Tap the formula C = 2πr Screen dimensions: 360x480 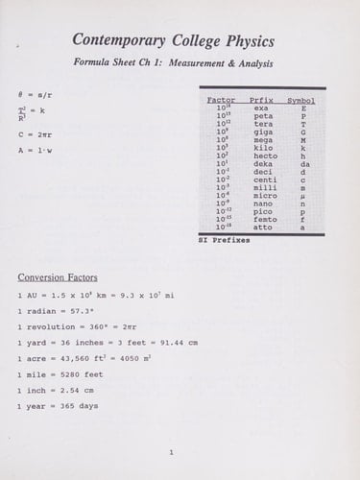[36, 134]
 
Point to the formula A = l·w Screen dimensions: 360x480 [36, 150]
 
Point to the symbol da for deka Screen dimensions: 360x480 [304, 163]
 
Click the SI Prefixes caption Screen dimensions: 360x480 [224, 240]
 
